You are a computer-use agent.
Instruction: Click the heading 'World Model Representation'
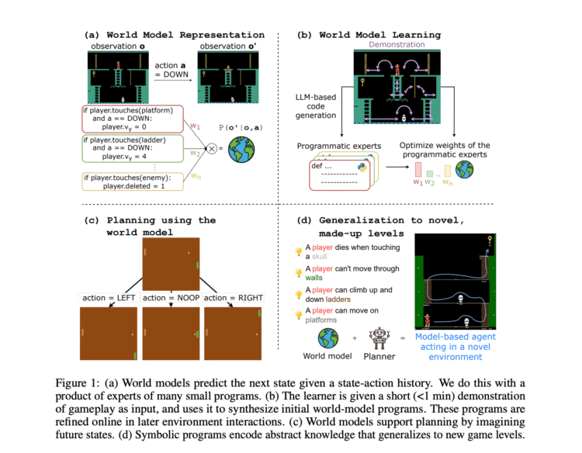click(x=175, y=35)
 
